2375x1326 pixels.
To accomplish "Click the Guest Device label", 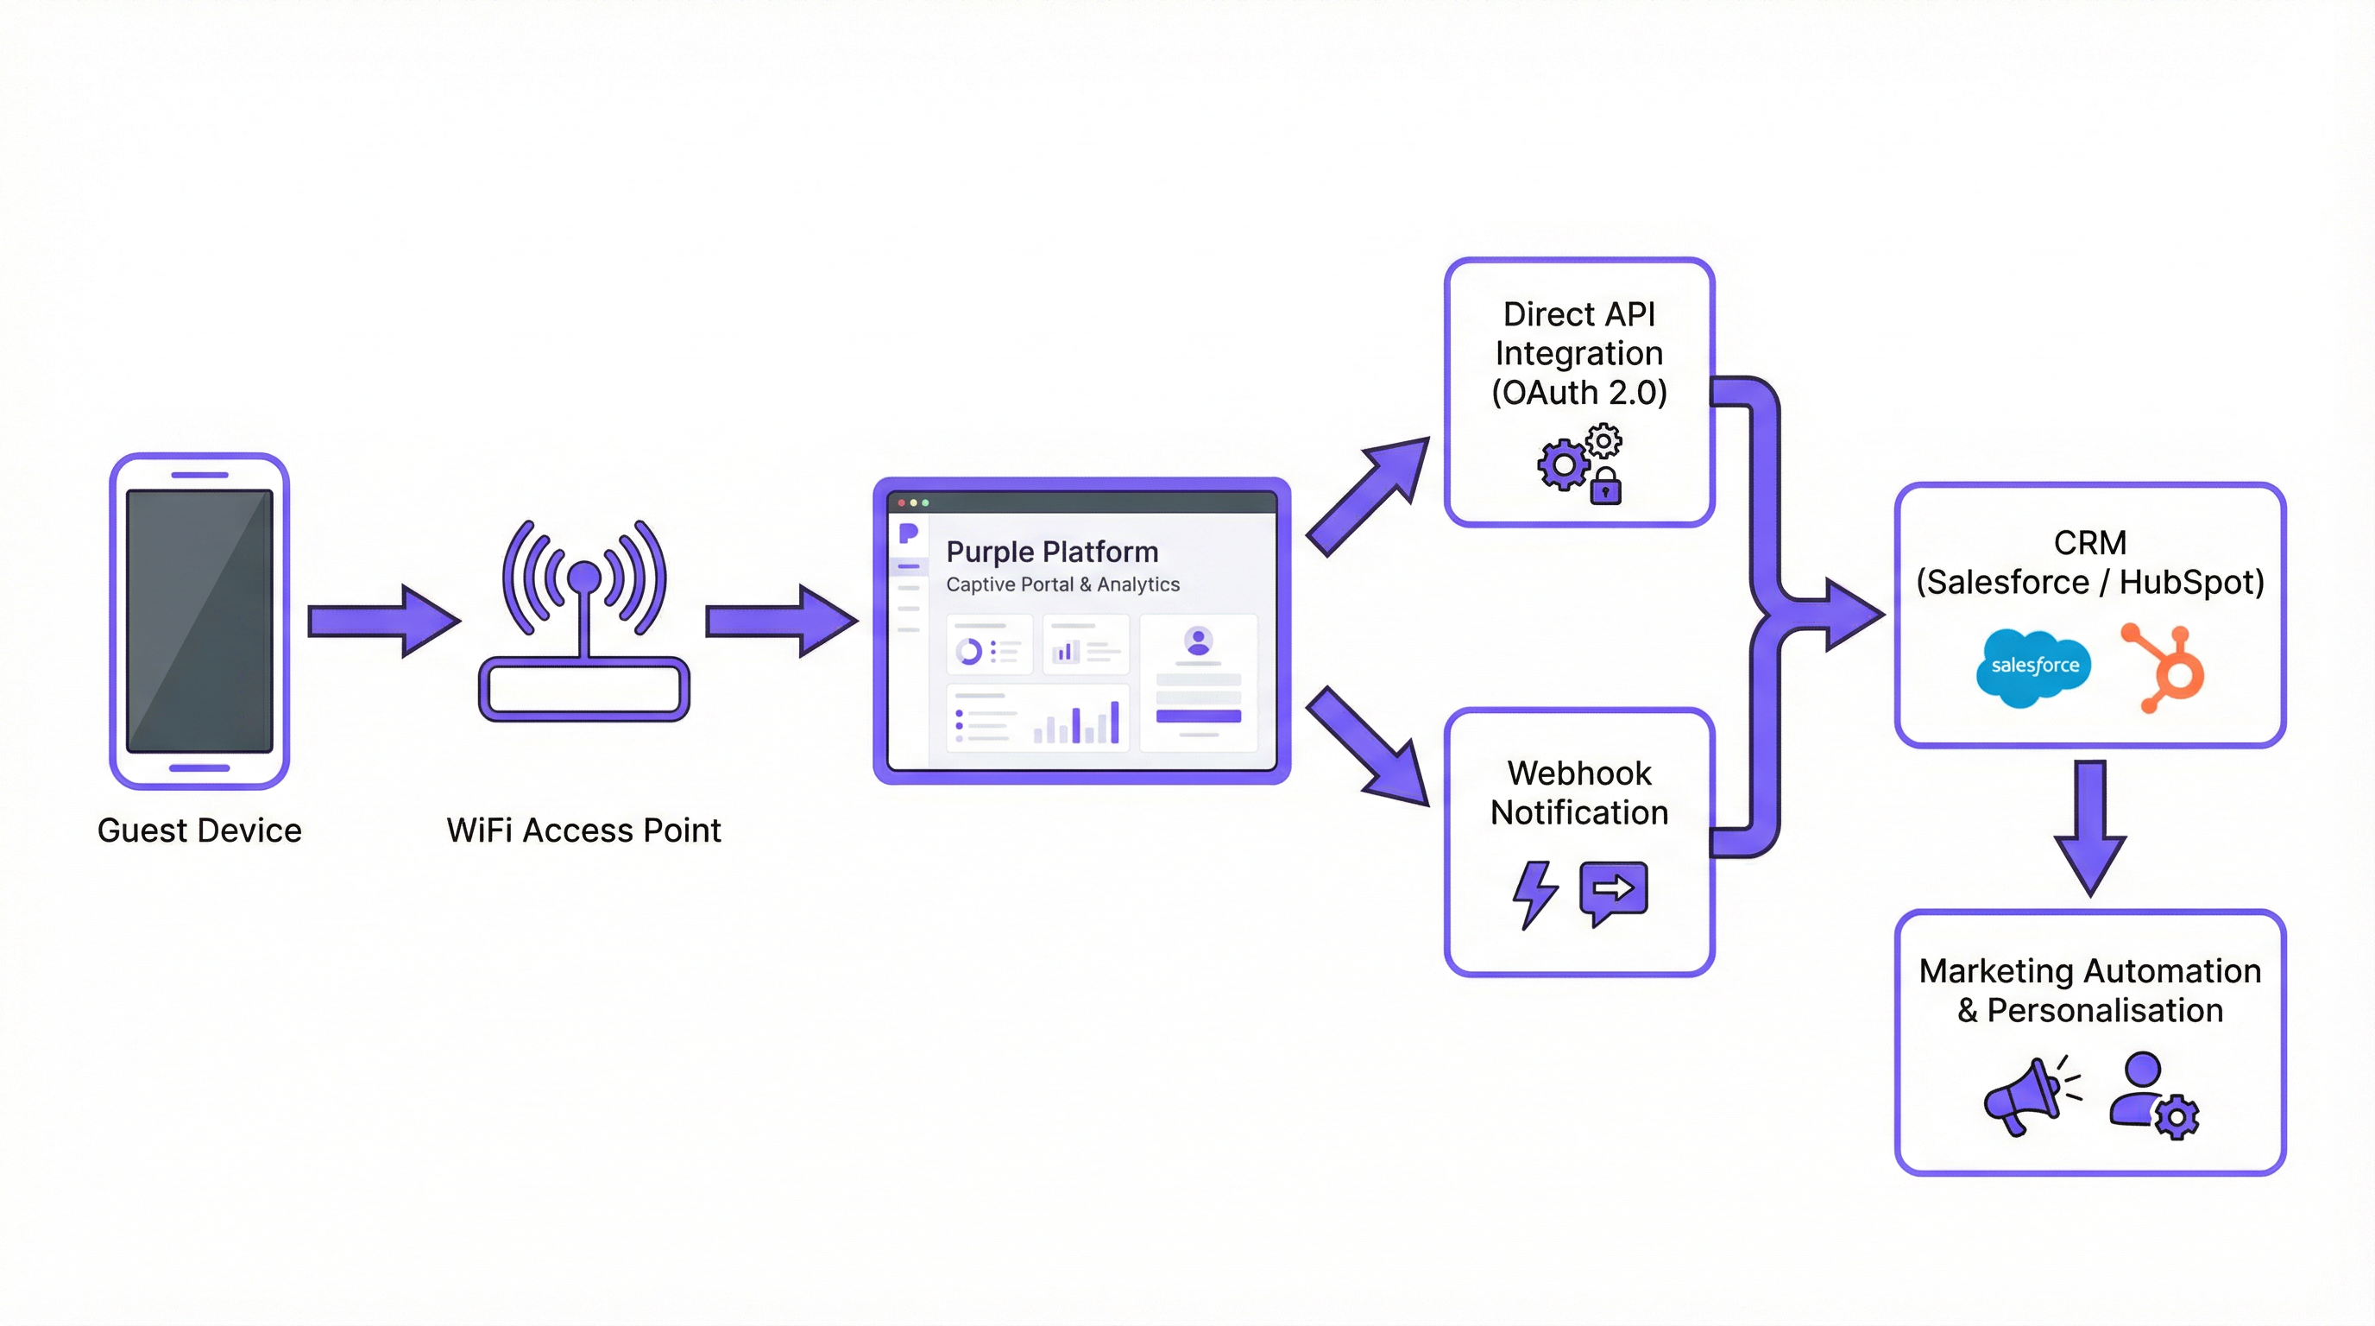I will pos(199,830).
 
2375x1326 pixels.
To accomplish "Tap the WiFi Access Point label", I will pos(583,830).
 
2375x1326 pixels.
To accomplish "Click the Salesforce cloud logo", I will pos(2033,666).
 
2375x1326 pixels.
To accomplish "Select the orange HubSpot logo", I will pos(2167,667).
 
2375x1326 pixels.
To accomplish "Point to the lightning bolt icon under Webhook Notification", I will pos(1534,893).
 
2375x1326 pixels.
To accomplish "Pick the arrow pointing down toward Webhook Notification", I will pos(1368,745).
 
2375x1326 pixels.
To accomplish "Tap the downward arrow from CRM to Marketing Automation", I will pos(2090,826).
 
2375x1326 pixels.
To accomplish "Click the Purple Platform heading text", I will pos(1052,552).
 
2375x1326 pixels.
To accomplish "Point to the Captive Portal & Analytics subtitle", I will pos(1062,584).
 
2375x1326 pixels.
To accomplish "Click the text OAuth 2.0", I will pos(1579,393).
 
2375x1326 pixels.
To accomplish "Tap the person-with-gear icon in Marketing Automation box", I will pos(2151,1095).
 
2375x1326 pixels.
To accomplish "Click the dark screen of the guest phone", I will pos(199,620).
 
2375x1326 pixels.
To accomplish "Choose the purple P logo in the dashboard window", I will pos(908,533).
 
